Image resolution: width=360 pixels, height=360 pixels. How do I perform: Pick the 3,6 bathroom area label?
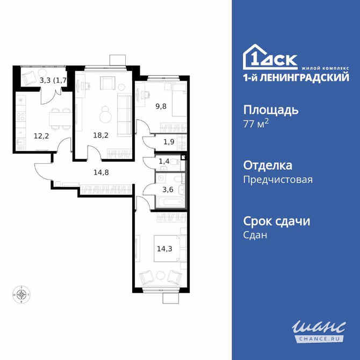pos(168,189)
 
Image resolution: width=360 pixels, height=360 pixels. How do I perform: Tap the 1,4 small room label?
pos(164,161)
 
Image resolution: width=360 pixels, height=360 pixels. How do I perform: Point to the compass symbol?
pos(21,294)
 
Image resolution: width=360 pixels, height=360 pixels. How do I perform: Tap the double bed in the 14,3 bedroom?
pos(169,248)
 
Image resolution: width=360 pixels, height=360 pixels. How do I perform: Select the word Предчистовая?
pos(278,180)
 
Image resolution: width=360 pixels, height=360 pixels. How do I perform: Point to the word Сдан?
pos(255,235)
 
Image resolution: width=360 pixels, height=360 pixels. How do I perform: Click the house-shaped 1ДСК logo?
pos(271,56)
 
